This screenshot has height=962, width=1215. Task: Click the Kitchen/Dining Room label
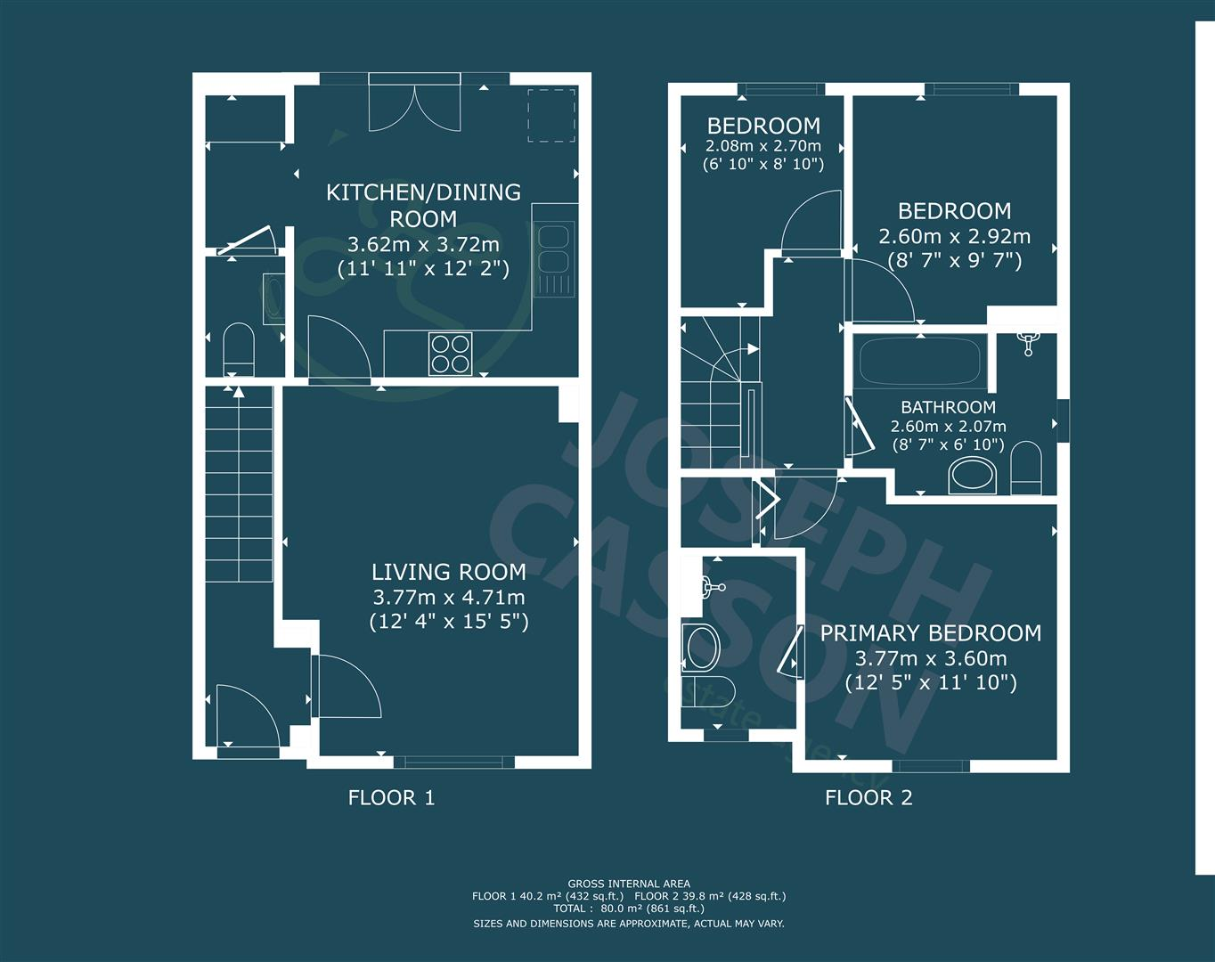423,205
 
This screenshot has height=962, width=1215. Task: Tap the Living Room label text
448,572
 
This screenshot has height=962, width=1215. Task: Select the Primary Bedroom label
930,633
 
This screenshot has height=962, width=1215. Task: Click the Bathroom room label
948,408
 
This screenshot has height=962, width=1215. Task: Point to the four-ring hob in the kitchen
451,353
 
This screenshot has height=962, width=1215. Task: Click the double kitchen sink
553,249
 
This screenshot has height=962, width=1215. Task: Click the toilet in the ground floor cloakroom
239,349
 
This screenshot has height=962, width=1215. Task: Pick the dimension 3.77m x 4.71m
448,597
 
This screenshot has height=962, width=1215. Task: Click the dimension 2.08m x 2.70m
763,146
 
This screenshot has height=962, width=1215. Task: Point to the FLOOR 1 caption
391,798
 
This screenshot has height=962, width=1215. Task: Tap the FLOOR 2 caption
868,798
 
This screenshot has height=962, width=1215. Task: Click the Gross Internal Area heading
629,885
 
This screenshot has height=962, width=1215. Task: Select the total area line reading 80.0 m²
629,909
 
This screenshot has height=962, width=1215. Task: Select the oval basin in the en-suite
701,648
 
